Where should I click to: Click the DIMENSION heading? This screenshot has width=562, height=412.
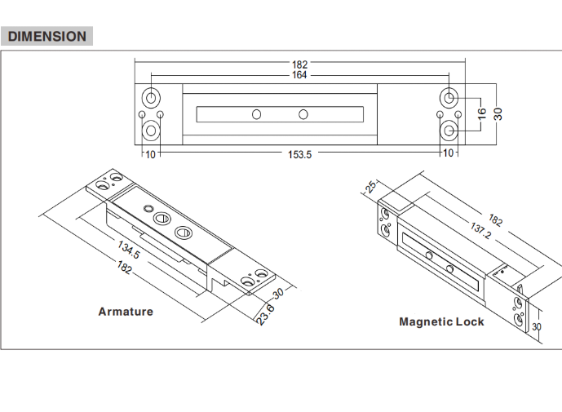pyautogui.click(x=47, y=36)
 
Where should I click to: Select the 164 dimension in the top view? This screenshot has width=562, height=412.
pyautogui.click(x=299, y=75)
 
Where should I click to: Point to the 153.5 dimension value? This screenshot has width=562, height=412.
pyautogui.click(x=299, y=154)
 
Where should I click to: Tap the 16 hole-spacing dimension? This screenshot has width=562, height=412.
pyautogui.click(x=482, y=114)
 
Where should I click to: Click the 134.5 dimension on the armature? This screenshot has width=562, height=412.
pyautogui.click(x=129, y=250)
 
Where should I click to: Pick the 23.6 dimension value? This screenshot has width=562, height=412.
pyautogui.click(x=266, y=315)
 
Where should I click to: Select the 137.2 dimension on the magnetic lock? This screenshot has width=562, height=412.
pyautogui.click(x=480, y=230)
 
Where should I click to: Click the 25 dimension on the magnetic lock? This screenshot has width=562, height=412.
pyautogui.click(x=370, y=186)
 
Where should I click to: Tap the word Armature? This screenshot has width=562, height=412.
pyautogui.click(x=126, y=312)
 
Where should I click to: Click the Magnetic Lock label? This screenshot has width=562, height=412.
pyautogui.click(x=441, y=321)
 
